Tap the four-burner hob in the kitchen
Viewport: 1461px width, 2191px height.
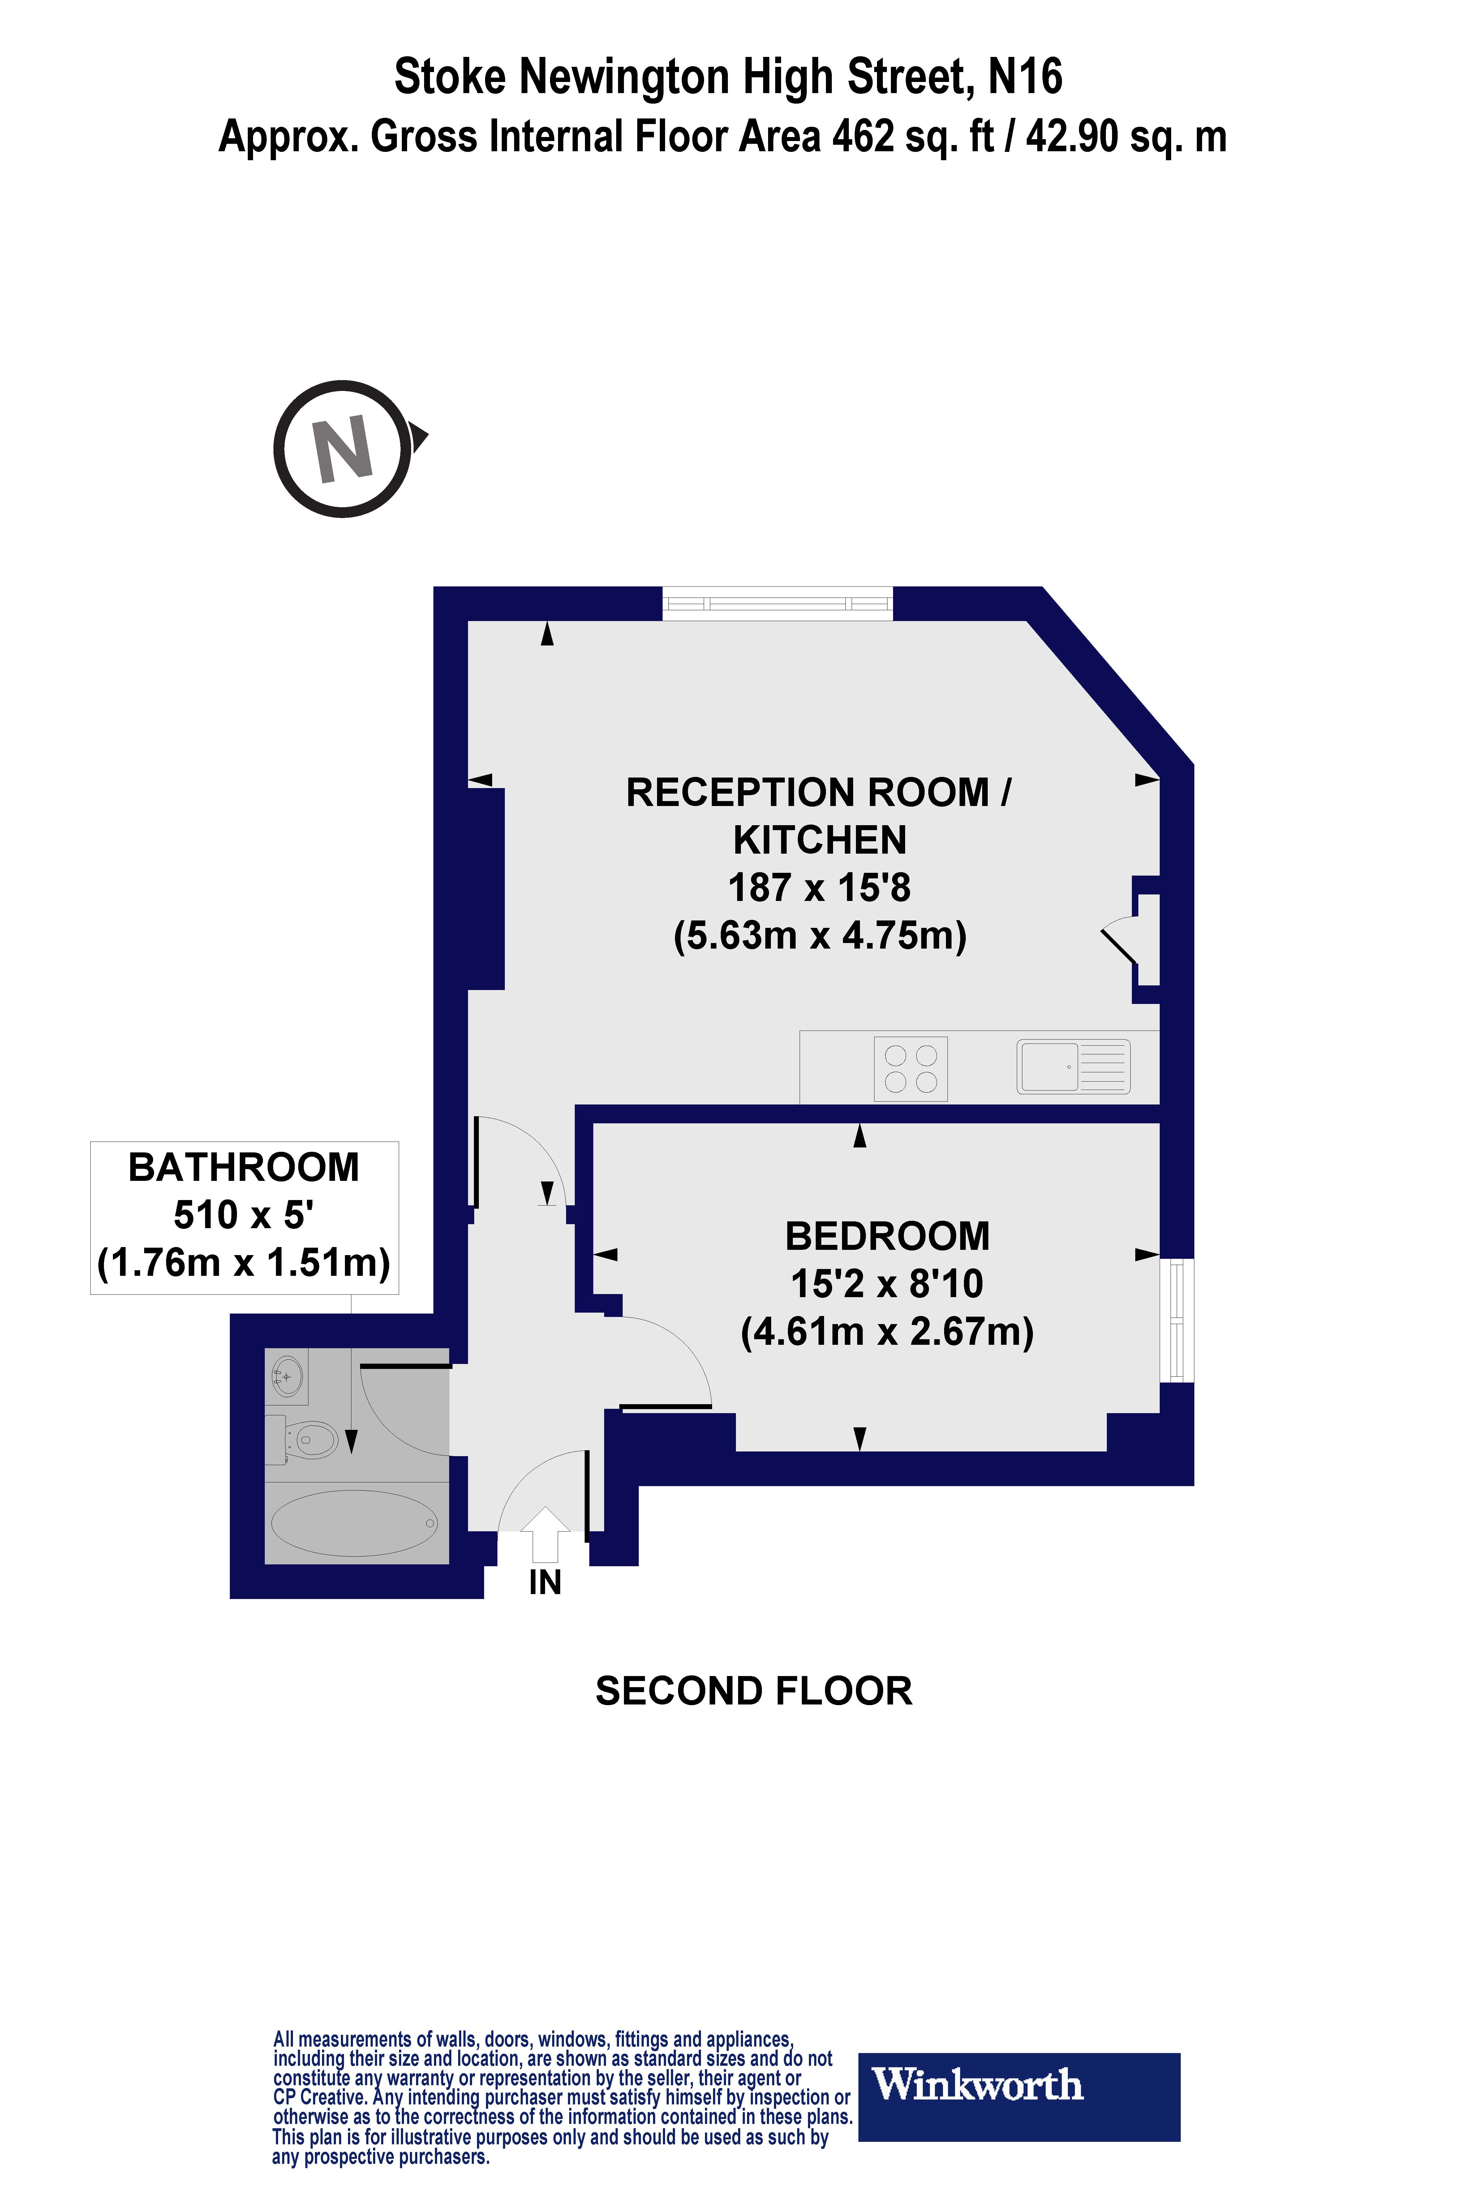click(x=910, y=1069)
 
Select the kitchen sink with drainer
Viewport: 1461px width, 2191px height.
click(x=1072, y=1066)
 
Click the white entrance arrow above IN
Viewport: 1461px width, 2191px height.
click(x=545, y=1533)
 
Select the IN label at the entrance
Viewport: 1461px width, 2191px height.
click(x=545, y=1583)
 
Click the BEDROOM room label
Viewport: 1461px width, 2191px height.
click(x=887, y=1236)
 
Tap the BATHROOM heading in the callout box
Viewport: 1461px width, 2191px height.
click(x=243, y=1167)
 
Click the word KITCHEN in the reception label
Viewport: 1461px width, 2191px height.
click(x=819, y=840)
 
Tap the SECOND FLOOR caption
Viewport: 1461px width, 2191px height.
click(x=753, y=1691)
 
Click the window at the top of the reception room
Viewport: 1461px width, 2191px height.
click(x=777, y=604)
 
